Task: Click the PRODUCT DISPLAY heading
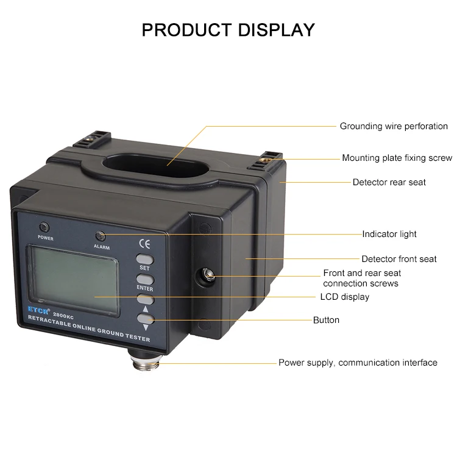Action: [x=228, y=29]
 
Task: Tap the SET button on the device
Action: [x=144, y=258]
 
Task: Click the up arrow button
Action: [x=145, y=299]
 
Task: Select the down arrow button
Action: [x=145, y=319]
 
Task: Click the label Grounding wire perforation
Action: [x=394, y=127]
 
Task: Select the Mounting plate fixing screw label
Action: [x=397, y=158]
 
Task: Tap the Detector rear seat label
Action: [x=389, y=182]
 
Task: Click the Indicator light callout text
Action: [x=389, y=234]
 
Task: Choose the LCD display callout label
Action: [x=344, y=297]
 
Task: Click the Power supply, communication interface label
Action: [x=358, y=363]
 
